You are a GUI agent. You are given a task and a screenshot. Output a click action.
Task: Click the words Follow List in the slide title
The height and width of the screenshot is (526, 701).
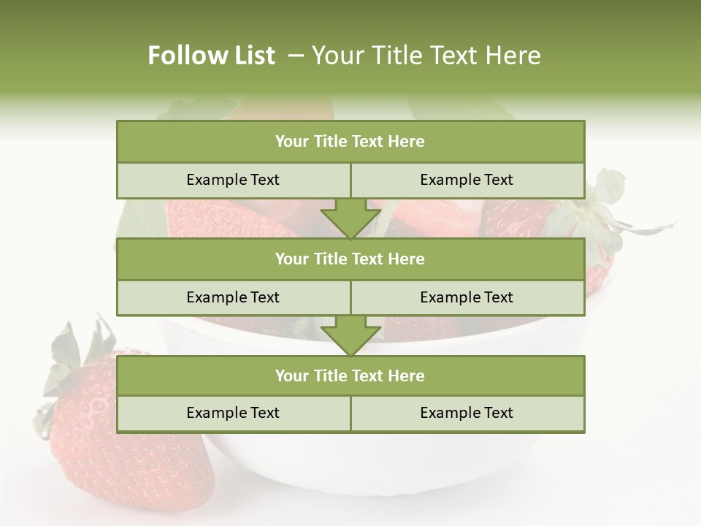(x=211, y=56)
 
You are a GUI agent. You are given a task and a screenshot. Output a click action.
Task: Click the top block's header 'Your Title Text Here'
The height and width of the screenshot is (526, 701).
(x=350, y=142)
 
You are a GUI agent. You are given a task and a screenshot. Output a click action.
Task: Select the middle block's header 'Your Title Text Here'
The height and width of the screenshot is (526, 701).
(x=350, y=259)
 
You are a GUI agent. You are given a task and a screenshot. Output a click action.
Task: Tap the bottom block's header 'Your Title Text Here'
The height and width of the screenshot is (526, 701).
(x=350, y=376)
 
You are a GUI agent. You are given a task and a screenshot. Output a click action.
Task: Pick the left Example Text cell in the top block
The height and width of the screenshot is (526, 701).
(x=233, y=180)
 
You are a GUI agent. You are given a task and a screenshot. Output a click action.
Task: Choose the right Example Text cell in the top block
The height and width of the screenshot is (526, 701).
(x=467, y=180)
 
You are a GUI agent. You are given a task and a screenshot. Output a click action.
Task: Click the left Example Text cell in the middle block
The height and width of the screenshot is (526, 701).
(x=233, y=297)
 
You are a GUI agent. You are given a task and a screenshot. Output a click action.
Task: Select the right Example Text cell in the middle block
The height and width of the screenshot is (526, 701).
(x=467, y=297)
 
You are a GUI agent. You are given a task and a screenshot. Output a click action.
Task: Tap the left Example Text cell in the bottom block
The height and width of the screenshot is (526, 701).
(x=233, y=413)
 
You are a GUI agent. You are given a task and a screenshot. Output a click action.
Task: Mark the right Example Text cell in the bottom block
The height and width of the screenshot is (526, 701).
(x=467, y=413)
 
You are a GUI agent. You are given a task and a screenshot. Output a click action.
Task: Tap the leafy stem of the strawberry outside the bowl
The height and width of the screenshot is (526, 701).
(x=73, y=358)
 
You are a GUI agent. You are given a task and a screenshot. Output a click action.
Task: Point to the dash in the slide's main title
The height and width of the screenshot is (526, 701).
(x=296, y=56)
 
